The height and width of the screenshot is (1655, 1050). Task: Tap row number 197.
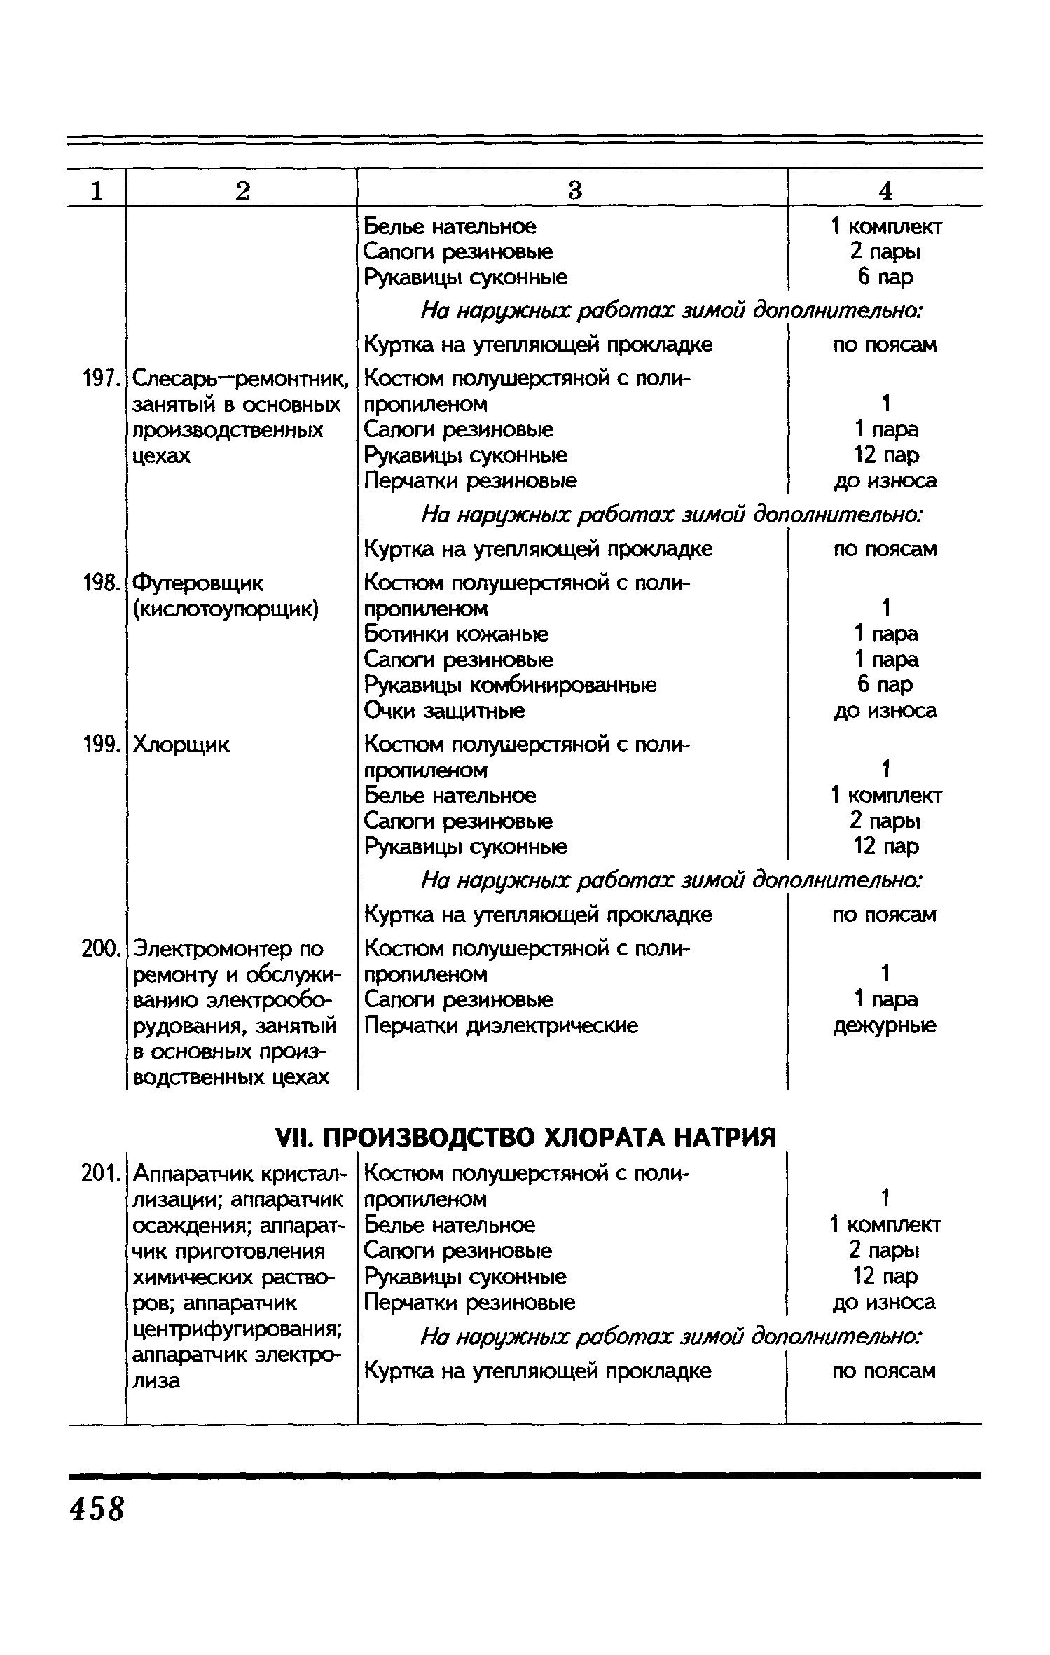pos(97,379)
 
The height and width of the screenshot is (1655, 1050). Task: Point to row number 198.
pos(97,583)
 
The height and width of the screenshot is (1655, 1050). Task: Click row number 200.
pos(97,949)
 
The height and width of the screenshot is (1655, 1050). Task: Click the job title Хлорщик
pos(181,745)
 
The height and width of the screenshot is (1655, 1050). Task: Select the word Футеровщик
pos(198,583)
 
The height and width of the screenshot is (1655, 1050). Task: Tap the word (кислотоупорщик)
pos(226,609)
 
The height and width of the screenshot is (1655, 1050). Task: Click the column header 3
pos(574,190)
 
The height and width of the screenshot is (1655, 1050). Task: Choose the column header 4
pos(885,190)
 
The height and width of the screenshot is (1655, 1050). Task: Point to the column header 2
pos(242,190)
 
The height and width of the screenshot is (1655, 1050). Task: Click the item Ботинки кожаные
pos(456,634)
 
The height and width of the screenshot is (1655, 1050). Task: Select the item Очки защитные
pos(444,711)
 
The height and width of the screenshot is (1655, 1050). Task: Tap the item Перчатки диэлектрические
pos(501,1026)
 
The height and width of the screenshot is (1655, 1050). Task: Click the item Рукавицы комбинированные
pos(510,685)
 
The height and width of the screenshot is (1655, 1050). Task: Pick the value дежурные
pos(884,1026)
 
